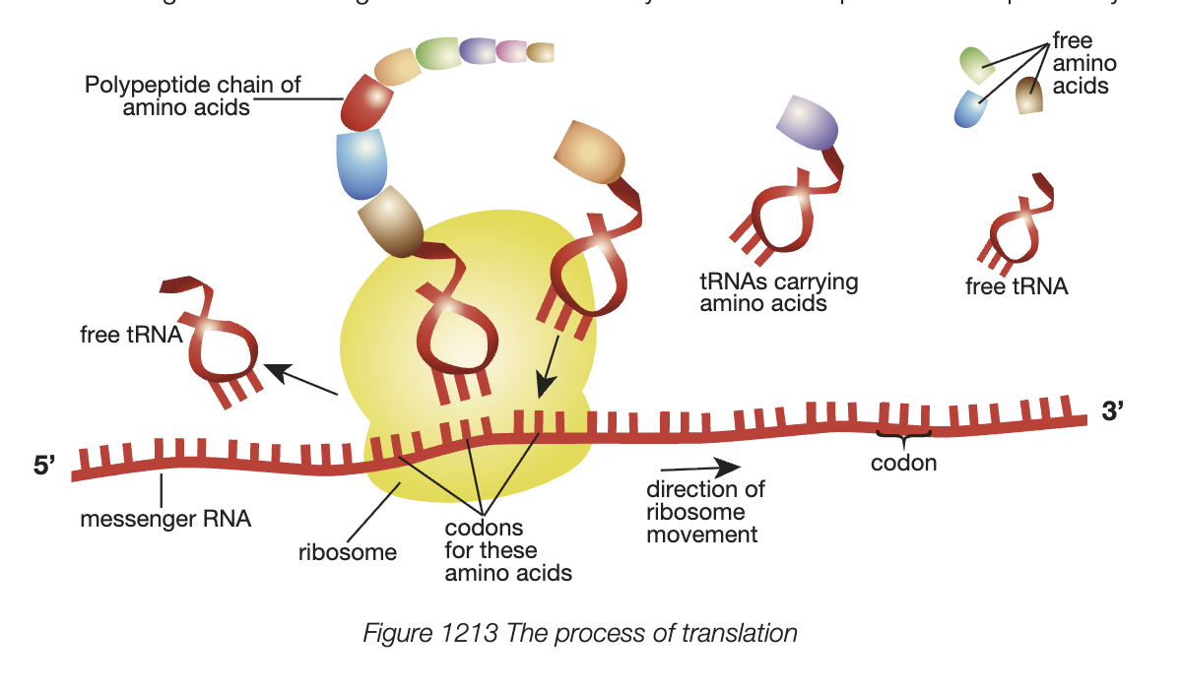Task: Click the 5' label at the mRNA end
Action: (47, 465)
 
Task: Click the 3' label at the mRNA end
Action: (1112, 412)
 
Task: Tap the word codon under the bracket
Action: (903, 462)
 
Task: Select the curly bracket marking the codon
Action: (903, 436)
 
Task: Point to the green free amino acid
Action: (979, 64)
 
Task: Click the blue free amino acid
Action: (970, 107)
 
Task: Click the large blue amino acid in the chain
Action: (361, 162)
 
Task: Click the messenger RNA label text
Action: (165, 518)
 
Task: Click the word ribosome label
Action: (347, 552)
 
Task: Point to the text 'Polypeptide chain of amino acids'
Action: (192, 95)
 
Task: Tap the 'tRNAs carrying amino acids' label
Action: (778, 292)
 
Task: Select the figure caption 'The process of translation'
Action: (579, 633)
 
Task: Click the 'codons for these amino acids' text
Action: (507, 550)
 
